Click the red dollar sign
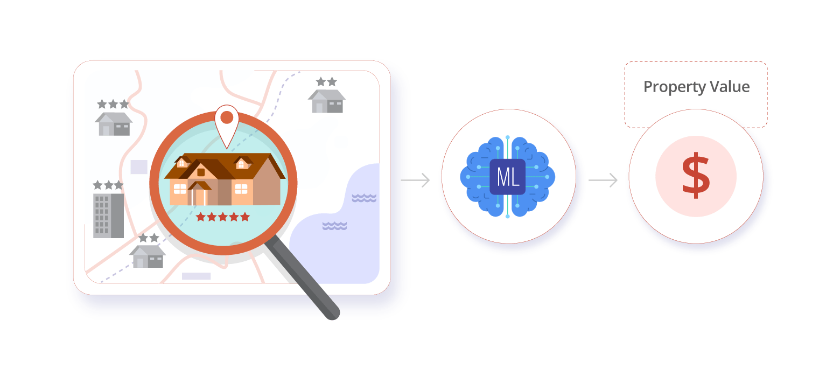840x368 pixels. point(696,176)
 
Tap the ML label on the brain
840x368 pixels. point(508,177)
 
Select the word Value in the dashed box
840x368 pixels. point(729,87)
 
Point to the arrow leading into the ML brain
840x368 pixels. point(415,180)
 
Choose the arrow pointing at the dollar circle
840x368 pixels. point(603,180)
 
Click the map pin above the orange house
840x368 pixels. point(227,121)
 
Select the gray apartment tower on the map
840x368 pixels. point(108,216)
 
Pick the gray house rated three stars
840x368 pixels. point(114,123)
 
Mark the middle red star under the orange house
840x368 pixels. point(223,217)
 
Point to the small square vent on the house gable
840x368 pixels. point(201,172)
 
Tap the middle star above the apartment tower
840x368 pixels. point(108,185)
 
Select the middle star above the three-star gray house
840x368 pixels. point(113,104)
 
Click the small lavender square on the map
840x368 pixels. point(139,167)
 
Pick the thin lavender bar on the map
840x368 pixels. point(196,276)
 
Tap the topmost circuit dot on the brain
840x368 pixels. point(508,137)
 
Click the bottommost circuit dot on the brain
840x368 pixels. point(508,216)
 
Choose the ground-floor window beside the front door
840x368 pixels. point(180,189)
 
